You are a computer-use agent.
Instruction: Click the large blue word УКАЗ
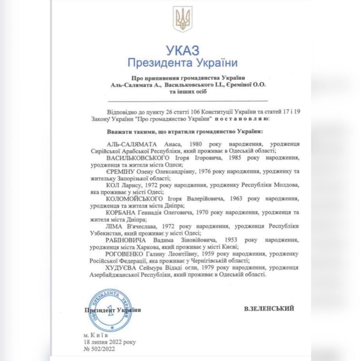coord(182,51)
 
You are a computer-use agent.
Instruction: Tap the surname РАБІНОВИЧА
coord(126,240)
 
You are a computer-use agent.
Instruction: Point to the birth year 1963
coord(236,199)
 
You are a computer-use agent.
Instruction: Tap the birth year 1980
coord(196,144)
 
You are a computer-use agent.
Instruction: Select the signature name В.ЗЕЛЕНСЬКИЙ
coord(269,308)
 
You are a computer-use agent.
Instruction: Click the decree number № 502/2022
coord(99,349)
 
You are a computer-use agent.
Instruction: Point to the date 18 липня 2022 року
coord(110,342)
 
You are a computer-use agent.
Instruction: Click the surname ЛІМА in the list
coord(114,226)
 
